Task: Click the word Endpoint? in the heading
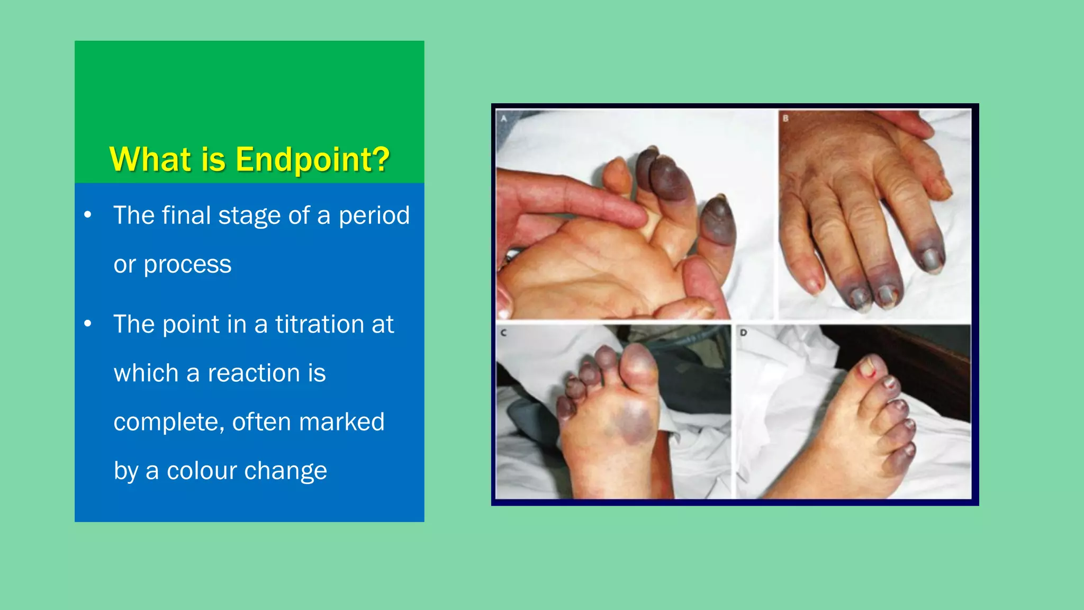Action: tap(312, 159)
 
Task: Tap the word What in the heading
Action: tap(150, 159)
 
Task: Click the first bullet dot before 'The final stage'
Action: tap(88, 215)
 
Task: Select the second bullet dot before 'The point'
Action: tap(88, 324)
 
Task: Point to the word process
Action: tap(187, 265)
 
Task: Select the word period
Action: tap(374, 216)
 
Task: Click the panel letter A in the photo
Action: tap(504, 119)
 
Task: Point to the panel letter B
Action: tap(786, 119)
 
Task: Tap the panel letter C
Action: tap(503, 333)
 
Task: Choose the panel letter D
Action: tap(744, 333)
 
